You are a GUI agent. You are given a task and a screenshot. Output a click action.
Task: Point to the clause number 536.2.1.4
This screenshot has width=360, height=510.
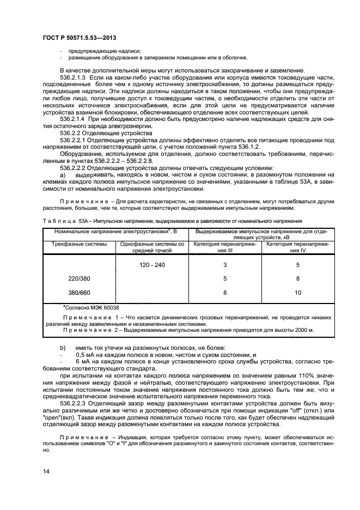[x=74, y=118]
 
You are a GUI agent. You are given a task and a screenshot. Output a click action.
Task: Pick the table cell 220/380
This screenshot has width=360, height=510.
[x=79, y=278]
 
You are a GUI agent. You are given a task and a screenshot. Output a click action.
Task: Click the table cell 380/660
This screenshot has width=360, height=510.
[x=79, y=293]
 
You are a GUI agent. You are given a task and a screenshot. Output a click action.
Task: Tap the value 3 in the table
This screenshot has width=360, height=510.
[x=224, y=265]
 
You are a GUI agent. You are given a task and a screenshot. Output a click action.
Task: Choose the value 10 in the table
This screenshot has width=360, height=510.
[x=297, y=293]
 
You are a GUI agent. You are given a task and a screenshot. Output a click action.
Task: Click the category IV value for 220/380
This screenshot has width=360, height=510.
[x=297, y=278]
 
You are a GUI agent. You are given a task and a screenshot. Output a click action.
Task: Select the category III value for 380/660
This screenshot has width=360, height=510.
[x=224, y=293]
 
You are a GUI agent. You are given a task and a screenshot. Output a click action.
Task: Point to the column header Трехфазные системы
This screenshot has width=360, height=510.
[x=79, y=244]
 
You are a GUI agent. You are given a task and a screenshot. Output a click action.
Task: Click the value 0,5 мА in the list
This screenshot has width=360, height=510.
[x=84, y=355]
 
